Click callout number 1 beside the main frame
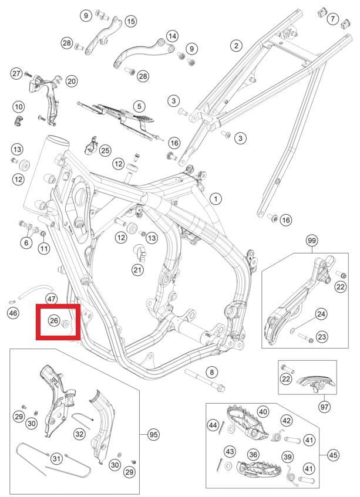click(216, 199)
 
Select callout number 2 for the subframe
click(236, 46)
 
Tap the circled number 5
click(139, 107)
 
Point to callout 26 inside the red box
click(54, 320)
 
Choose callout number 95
click(153, 435)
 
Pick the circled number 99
click(311, 241)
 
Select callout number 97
click(324, 407)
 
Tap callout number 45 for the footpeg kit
click(333, 455)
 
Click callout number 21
click(137, 270)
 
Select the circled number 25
click(105, 150)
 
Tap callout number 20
click(72, 81)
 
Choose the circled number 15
click(130, 22)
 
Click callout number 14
click(172, 36)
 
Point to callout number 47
click(51, 299)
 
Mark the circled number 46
click(13, 313)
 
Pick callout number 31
click(56, 458)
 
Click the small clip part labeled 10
click(19, 121)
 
